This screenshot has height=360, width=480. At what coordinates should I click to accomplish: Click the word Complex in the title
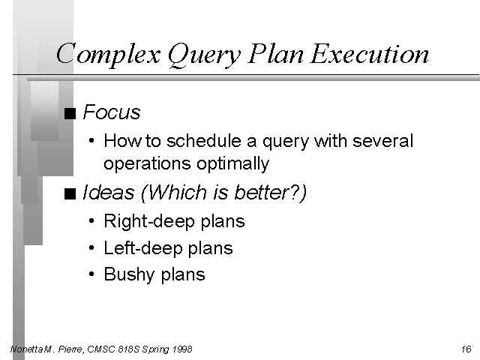[108, 54]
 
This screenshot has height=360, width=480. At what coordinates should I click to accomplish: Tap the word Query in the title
[205, 55]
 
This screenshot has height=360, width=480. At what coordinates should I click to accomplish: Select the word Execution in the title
[370, 53]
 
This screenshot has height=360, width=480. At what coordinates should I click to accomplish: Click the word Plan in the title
[275, 53]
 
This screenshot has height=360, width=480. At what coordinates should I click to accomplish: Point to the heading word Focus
[112, 112]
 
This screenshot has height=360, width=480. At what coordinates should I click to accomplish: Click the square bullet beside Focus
[70, 113]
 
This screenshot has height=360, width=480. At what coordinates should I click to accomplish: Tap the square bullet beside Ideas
[70, 193]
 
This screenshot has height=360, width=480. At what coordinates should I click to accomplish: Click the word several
[383, 141]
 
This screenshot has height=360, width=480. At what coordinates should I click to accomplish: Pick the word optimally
[232, 164]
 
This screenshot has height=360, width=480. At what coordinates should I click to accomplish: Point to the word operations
[147, 164]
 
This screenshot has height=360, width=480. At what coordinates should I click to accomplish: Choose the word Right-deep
[149, 222]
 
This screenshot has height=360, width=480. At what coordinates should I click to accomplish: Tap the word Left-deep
[143, 248]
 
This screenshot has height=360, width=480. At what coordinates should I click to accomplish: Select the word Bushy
[129, 274]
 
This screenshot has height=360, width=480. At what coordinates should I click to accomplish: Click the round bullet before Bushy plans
[91, 274]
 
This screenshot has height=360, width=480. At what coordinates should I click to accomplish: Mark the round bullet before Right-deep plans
[91, 220]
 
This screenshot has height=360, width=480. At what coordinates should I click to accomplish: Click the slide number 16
[466, 349]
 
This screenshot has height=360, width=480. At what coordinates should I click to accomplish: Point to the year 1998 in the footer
[181, 349]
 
